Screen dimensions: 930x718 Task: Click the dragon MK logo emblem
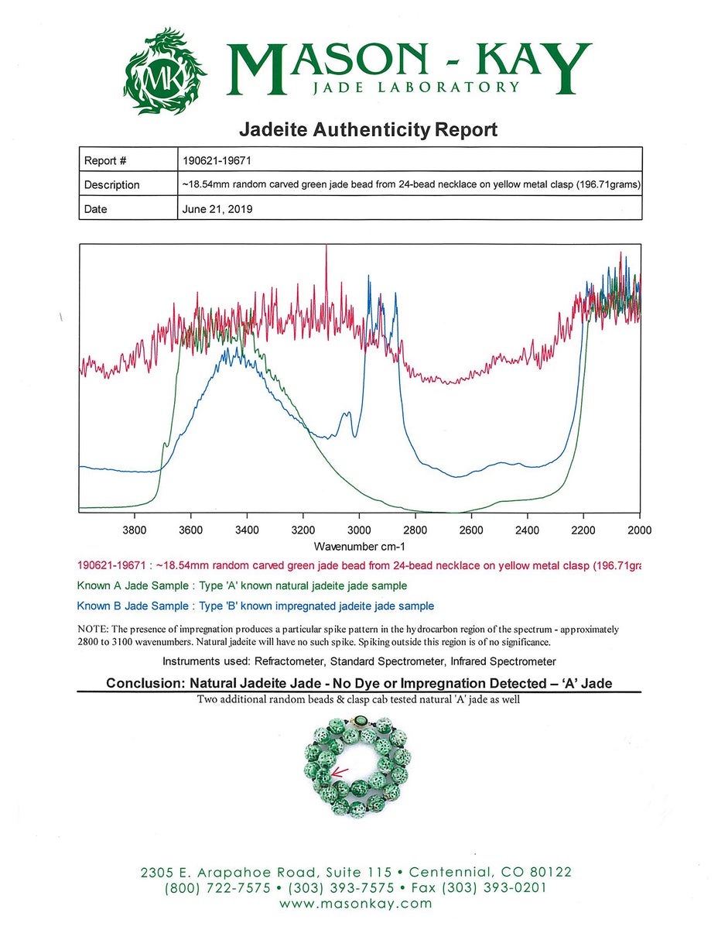coord(165,71)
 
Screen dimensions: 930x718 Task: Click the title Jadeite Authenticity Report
coord(368,129)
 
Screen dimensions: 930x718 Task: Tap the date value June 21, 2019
coord(217,209)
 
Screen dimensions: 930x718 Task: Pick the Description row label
coord(111,185)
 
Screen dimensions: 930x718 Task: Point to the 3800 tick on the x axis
coord(135,530)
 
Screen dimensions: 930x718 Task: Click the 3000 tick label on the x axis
coord(359,530)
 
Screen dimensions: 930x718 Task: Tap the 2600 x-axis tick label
coord(471,530)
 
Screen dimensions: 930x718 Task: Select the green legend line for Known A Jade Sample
coord(242,585)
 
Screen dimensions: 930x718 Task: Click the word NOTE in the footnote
coord(94,630)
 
